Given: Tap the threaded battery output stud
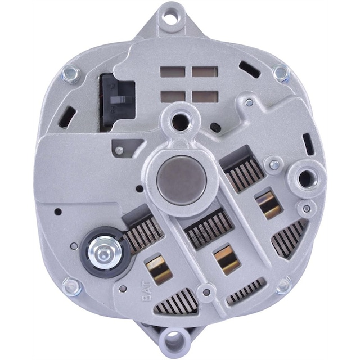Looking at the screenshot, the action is click(x=104, y=254).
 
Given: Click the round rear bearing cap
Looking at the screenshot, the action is click(x=181, y=181).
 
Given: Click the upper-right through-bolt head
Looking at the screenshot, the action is click(x=281, y=72).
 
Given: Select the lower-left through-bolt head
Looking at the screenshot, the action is click(x=71, y=287).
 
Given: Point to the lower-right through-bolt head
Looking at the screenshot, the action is click(x=283, y=286).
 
